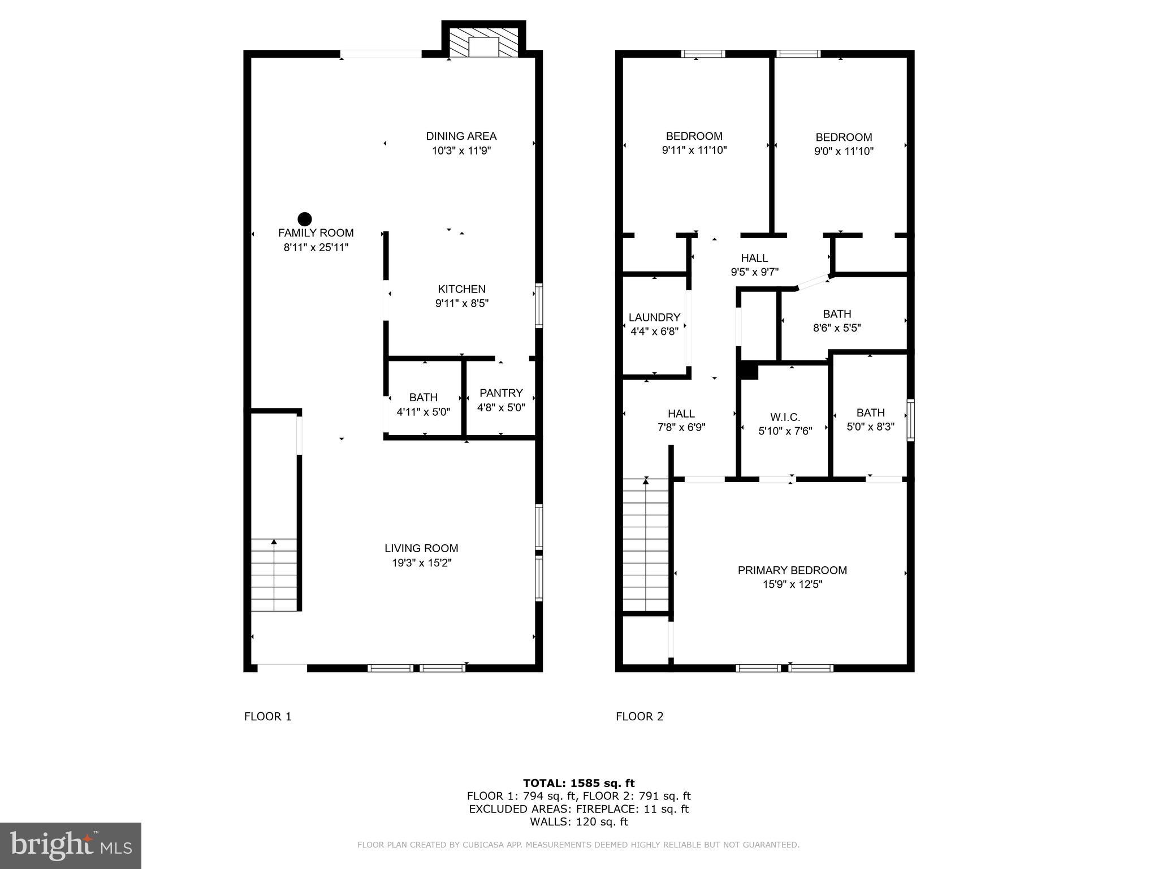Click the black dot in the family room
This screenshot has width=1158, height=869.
pos(305,219)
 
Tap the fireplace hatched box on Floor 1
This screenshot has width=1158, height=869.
pos(483,41)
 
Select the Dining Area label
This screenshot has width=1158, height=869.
pos(461,136)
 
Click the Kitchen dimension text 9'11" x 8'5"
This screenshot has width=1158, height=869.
pos(461,303)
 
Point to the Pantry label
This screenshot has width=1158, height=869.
pos(501,393)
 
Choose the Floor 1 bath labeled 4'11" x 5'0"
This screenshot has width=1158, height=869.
pos(423,405)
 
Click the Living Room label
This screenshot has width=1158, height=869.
pos(421,548)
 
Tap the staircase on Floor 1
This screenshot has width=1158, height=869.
pos(274,575)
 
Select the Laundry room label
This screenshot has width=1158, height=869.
pos(654,317)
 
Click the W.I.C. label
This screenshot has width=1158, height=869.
pos(785,418)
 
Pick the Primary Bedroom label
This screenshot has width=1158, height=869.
pos(792,570)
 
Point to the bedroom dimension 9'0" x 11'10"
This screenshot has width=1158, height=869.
pos(844,152)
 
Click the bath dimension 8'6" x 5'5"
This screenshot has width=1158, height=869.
pos(837,328)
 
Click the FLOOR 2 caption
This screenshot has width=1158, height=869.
pos(640,716)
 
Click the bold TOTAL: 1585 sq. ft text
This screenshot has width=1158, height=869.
pos(578,783)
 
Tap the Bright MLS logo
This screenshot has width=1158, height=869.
pos(70,845)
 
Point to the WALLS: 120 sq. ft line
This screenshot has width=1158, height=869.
pos(578,822)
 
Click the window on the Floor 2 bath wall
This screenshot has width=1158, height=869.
pos(910,420)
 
